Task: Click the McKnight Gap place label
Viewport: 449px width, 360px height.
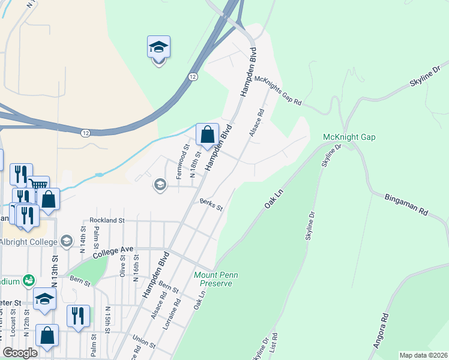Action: point(349,137)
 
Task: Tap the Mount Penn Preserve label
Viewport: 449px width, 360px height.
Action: point(216,279)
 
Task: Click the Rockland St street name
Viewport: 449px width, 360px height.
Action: point(106,221)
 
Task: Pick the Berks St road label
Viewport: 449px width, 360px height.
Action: point(211,205)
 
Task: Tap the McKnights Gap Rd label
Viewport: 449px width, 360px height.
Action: point(277,91)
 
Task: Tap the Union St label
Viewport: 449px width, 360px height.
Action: point(143,346)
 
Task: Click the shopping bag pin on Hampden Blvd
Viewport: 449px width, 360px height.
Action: point(207,134)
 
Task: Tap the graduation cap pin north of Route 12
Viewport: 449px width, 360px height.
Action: point(158,47)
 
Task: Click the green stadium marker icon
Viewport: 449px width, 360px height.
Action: point(28,280)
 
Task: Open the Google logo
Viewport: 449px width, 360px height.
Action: point(20,353)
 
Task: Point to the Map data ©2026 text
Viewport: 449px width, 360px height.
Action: point(423,355)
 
